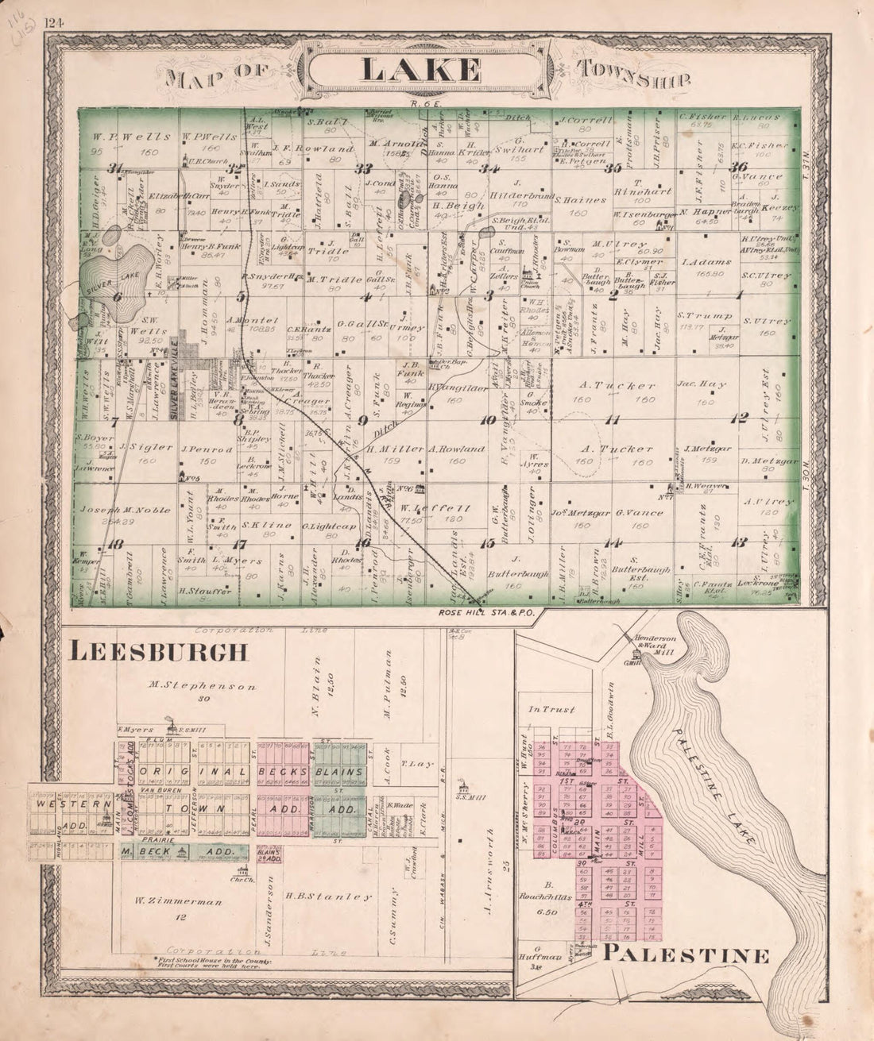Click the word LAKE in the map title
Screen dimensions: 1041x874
pos(421,69)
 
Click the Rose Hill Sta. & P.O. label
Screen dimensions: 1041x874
pos(477,613)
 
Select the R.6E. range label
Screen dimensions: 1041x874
pos(420,103)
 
